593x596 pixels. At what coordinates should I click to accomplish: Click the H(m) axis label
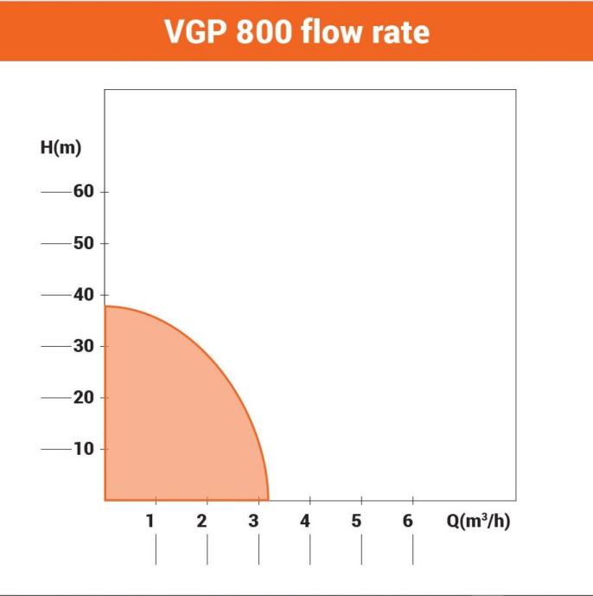click(61, 147)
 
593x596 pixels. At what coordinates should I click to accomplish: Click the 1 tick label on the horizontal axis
click(150, 522)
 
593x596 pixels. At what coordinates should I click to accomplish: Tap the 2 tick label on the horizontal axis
click(201, 522)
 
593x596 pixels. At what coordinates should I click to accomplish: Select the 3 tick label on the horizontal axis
click(253, 522)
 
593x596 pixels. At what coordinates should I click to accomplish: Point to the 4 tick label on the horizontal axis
click(305, 522)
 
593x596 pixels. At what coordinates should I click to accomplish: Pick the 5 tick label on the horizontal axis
click(356, 522)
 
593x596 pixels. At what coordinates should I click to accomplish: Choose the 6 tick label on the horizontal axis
click(408, 522)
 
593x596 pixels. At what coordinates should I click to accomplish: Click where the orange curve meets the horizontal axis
click(269, 500)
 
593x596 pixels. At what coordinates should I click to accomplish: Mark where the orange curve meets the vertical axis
click(105, 306)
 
